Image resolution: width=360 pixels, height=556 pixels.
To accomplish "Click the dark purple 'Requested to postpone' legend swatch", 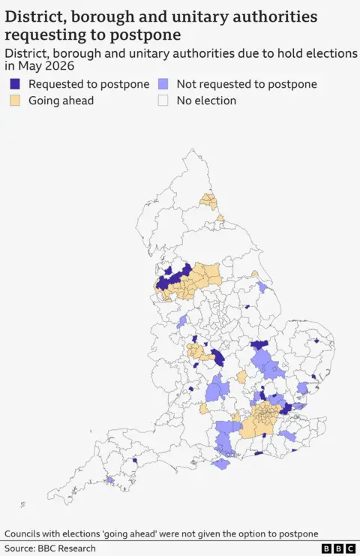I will pyautogui.click(x=15, y=85).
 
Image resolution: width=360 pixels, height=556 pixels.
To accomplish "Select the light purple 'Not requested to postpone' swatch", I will pyautogui.click(x=163, y=85).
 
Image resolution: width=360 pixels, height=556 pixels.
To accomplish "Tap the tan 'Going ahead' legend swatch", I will pyautogui.click(x=15, y=101).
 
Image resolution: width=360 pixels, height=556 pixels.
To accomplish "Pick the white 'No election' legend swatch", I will pyautogui.click(x=163, y=101).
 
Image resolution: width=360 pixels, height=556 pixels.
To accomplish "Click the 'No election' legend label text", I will pyautogui.click(x=206, y=101).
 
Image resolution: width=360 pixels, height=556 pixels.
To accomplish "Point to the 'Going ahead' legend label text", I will pyautogui.click(x=61, y=101).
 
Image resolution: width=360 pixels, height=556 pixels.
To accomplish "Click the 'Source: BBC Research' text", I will pyautogui.click(x=50, y=548).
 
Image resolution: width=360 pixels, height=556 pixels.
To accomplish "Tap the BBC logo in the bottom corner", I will pyautogui.click(x=338, y=548).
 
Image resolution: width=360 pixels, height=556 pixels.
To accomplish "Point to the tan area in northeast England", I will pyautogui.click(x=209, y=201).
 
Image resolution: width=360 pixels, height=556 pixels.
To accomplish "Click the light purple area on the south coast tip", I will pyautogui.click(x=220, y=464).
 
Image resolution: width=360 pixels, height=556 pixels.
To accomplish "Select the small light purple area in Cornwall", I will pyautogui.click(x=110, y=479).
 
